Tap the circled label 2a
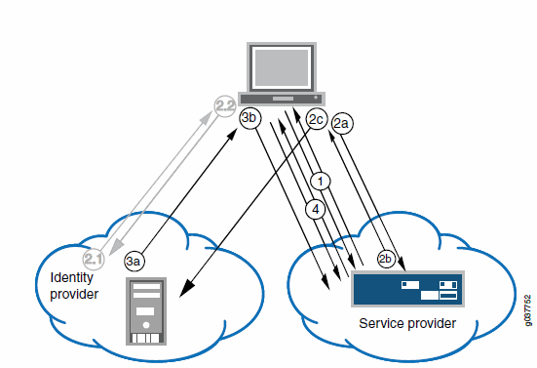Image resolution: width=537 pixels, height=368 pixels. coord(342,124)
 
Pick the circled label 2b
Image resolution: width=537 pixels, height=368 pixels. coord(387,259)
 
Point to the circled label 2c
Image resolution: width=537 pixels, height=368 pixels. coord(315,119)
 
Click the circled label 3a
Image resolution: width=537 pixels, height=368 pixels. coord(135,261)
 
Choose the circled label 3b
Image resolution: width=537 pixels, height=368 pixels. coord(250,118)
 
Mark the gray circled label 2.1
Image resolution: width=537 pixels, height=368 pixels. coord(94,259)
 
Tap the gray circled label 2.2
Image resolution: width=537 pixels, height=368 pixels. coord(225,102)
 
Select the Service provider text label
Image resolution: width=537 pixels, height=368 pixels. coord(406,323)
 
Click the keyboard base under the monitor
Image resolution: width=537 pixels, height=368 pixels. coord(283,99)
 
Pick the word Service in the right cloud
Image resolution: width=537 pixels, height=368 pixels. coord(381,323)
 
